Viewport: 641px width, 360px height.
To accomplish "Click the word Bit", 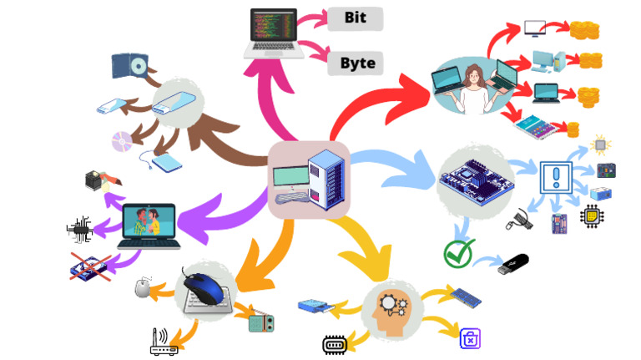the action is coord(356,18).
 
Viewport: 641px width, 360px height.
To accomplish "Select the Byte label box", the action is coord(356,63).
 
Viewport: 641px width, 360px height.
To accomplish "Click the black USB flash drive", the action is coord(513,264).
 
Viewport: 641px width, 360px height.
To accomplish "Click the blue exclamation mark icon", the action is coord(556,177).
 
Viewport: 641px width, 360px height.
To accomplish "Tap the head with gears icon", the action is coord(390,312).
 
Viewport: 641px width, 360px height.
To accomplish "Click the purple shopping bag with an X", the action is coord(470,338).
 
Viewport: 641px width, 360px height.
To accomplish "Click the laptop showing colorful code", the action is coord(274,33).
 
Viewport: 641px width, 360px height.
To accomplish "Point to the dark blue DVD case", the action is coord(129,66).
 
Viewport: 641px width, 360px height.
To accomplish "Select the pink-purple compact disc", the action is coord(122,141).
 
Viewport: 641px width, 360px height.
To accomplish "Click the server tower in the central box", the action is coord(326,180).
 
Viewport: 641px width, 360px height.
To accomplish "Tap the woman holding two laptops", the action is coord(474,87).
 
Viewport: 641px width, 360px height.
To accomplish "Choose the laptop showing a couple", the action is coord(149,226).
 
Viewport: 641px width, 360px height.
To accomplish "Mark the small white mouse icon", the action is coord(143,287).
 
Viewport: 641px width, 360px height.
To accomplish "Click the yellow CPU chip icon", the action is coord(592,216).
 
